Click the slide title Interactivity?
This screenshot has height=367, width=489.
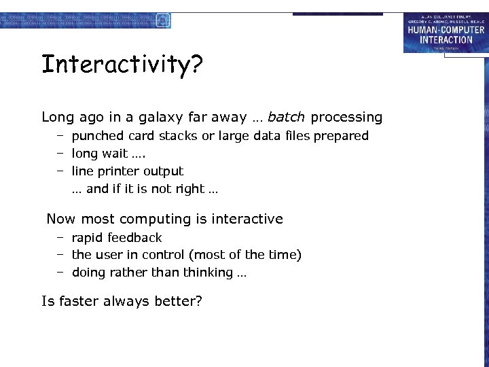click(x=122, y=65)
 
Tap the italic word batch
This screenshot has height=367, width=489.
click(x=286, y=117)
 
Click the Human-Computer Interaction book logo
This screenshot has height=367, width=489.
click(x=446, y=33)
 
